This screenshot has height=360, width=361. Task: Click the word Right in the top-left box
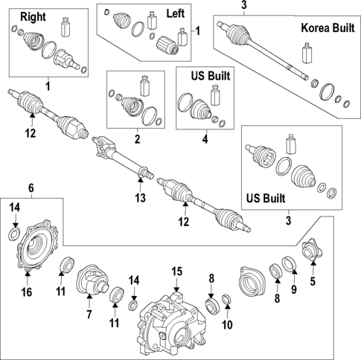pyautogui.click(x=33, y=17)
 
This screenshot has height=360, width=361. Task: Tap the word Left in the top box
pyautogui.click(x=176, y=13)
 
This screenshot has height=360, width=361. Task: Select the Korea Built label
pyautogui.click(x=328, y=28)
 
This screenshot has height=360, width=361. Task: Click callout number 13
pyautogui.click(x=140, y=198)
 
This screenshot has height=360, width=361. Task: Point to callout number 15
pyautogui.click(x=176, y=271)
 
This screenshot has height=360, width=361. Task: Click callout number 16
pyautogui.click(x=27, y=292)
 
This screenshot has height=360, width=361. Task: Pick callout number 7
pyautogui.click(x=89, y=315)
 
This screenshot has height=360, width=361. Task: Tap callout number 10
pyautogui.click(x=227, y=325)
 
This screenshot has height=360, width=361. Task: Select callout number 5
pyautogui.click(x=313, y=281)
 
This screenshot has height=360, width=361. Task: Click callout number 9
pyautogui.click(x=294, y=289)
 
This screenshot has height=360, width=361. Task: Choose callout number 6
pyautogui.click(x=31, y=188)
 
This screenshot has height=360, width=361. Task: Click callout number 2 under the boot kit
pyautogui.click(x=137, y=139)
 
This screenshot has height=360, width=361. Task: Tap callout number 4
pyautogui.click(x=205, y=139)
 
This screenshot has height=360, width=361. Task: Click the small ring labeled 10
pyautogui.click(x=226, y=299)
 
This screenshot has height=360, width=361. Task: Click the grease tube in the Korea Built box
pyautogui.click(x=307, y=53)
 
